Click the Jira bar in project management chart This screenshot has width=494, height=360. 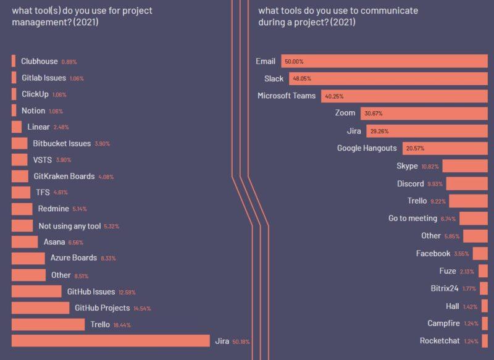(x=111, y=341)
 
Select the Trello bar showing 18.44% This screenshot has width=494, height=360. (x=48, y=325)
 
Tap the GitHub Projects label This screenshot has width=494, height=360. (x=102, y=308)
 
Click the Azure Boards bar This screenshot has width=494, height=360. (x=28, y=258)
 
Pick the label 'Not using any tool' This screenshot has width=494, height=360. (x=70, y=226)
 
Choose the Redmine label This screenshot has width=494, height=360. (x=53, y=209)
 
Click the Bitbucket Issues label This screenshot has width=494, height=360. (x=62, y=143)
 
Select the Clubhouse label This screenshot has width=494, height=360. (x=39, y=62)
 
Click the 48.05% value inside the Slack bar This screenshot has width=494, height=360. (x=302, y=79)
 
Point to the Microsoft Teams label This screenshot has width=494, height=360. (x=286, y=96)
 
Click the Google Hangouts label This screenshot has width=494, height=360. (x=367, y=148)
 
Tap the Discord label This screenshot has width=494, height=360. (x=410, y=184)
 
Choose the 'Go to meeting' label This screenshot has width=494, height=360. (x=412, y=219)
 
